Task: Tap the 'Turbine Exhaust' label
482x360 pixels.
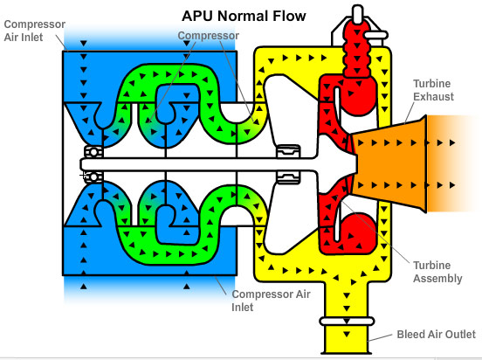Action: pyautogui.click(x=434, y=89)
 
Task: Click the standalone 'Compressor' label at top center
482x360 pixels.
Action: pyautogui.click(x=208, y=36)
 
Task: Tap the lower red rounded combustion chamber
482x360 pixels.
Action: pyautogui.click(x=356, y=229)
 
